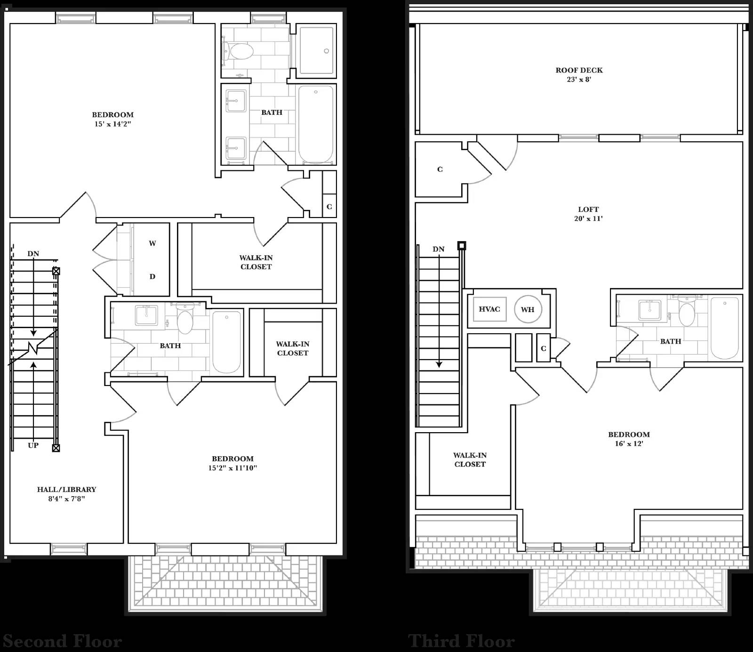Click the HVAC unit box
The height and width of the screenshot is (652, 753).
489,309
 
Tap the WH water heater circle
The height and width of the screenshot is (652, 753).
528,309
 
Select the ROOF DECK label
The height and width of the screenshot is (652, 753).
579,70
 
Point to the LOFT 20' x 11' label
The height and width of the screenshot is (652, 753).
588,214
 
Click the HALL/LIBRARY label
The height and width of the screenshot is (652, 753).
66,489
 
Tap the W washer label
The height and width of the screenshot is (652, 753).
152,243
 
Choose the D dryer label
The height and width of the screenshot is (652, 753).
152,276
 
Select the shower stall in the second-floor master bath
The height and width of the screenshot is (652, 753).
317,50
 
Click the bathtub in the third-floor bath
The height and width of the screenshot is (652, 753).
724,328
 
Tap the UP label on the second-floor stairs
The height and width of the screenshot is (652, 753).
33,445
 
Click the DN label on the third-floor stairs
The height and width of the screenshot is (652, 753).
438,249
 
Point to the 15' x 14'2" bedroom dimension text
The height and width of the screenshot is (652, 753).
113,124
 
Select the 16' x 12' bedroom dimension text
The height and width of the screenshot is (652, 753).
629,443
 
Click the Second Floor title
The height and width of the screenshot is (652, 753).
63,641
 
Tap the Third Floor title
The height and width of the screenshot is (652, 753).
461,641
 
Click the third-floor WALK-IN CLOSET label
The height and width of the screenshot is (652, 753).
470,459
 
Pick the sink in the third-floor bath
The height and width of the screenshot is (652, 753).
649,310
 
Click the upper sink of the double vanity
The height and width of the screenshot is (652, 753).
236,101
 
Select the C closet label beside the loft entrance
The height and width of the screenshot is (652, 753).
440,169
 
